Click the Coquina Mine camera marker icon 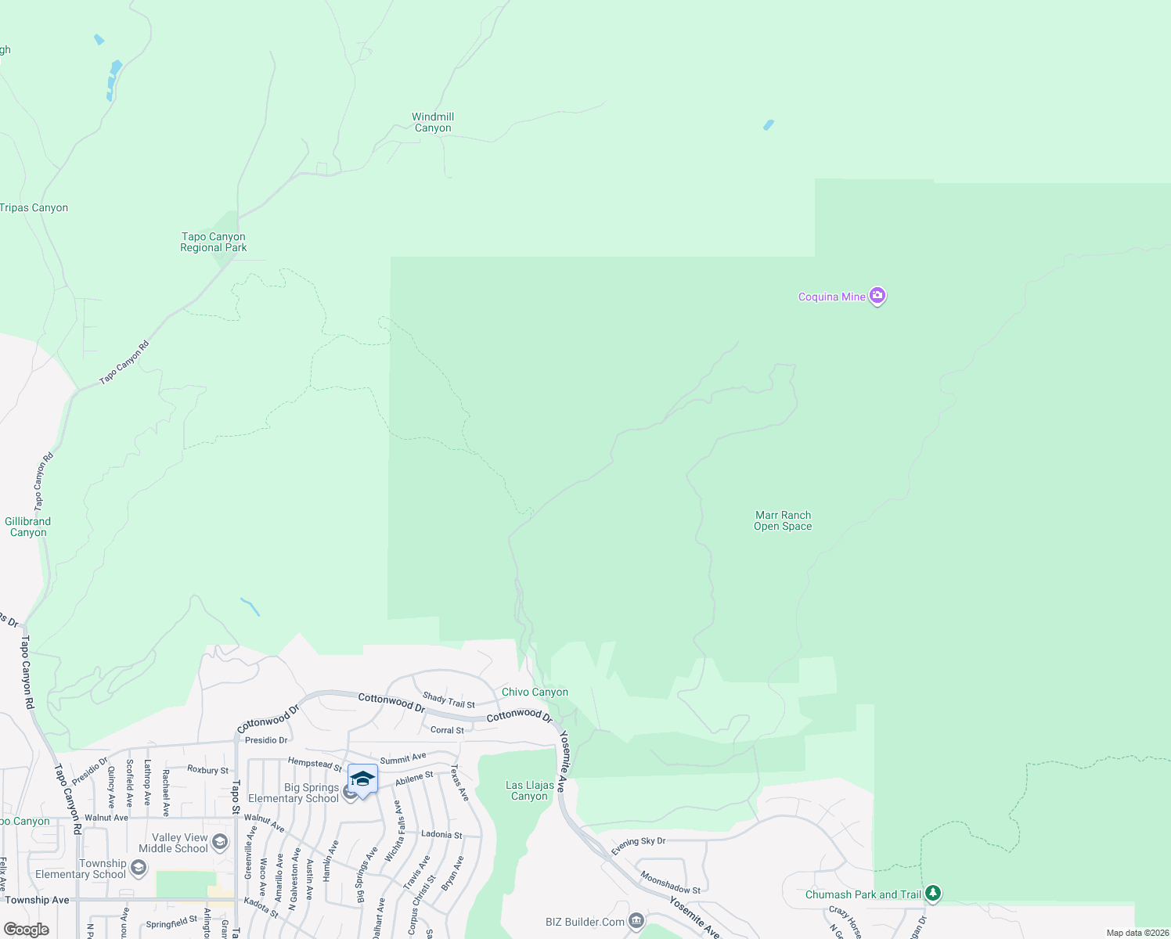click(x=877, y=296)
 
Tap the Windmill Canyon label click(x=433, y=123)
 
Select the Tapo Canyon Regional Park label click(x=213, y=242)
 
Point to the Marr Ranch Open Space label click(x=783, y=520)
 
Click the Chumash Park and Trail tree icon click(x=932, y=893)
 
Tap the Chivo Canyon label click(x=535, y=692)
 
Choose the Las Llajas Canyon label click(x=530, y=790)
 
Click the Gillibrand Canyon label click(x=28, y=527)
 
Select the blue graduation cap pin click(x=362, y=779)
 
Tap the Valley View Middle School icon click(x=220, y=842)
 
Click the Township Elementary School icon click(x=139, y=868)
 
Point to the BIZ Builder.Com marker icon click(x=636, y=921)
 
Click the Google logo click(x=26, y=930)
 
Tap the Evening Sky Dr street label click(x=638, y=846)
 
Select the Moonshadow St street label click(x=670, y=883)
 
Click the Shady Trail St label click(x=449, y=700)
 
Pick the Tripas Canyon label click(x=34, y=207)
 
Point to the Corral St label click(x=447, y=730)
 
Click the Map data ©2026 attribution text click(x=1137, y=933)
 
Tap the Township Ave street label click(x=38, y=900)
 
